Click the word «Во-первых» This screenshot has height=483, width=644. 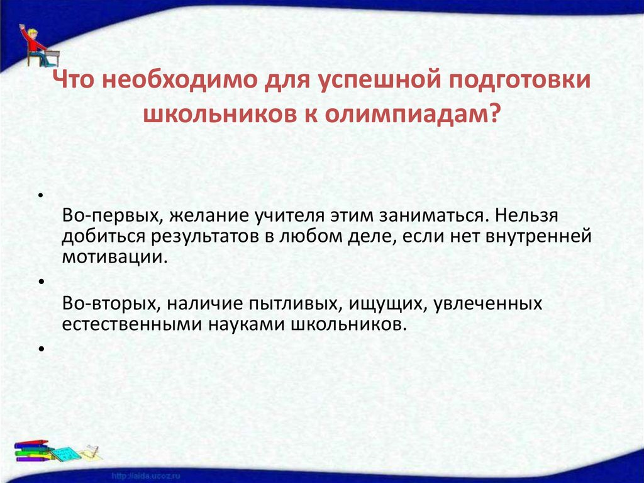109,216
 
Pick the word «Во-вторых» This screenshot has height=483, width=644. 109,304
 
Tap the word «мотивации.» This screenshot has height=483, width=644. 116,256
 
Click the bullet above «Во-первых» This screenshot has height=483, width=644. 40,195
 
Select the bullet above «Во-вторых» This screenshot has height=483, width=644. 40,283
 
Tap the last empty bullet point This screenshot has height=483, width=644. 40,348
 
